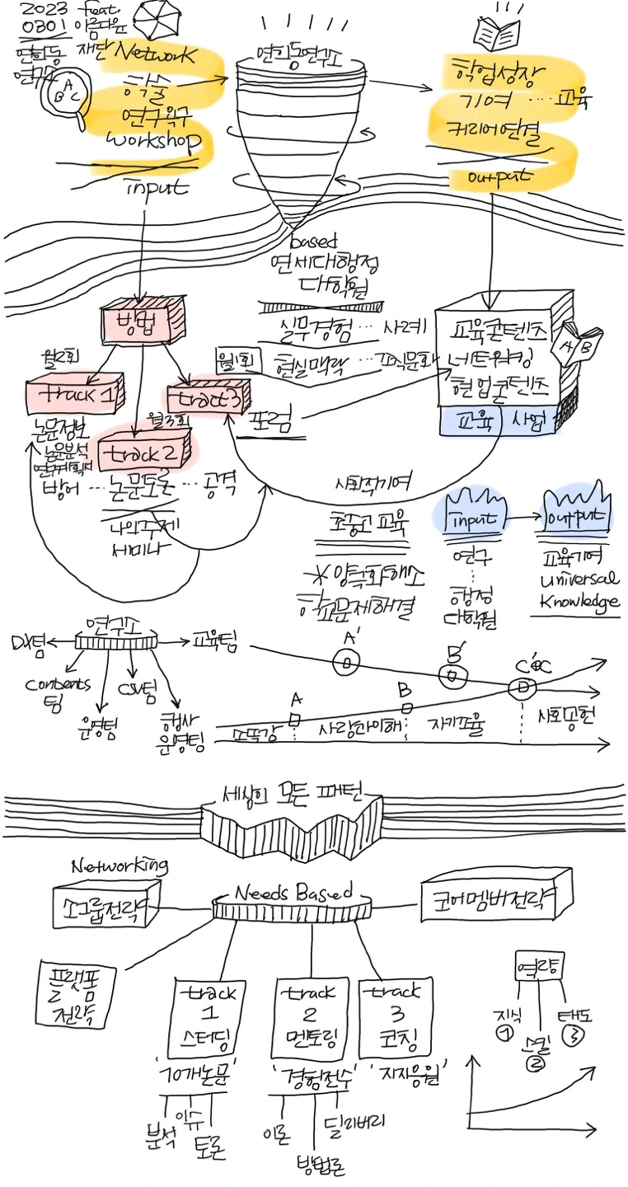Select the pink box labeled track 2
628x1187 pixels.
[x=147, y=453]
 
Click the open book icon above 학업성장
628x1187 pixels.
[x=498, y=33]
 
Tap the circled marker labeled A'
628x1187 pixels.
[x=347, y=662]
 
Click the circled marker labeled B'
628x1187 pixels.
[x=450, y=674]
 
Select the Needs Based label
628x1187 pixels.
[x=293, y=894]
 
